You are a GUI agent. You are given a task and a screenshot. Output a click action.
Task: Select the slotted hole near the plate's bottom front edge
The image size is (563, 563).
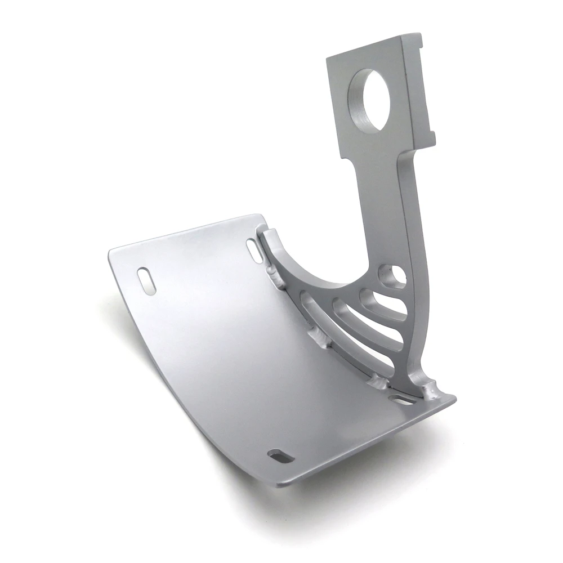point(278,454)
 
